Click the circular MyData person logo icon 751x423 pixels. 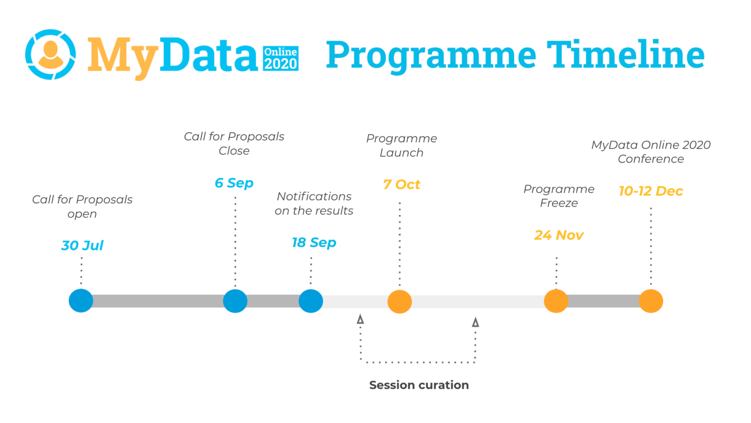(x=50, y=54)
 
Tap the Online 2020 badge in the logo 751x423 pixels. (x=281, y=59)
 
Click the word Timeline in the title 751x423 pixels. (x=625, y=54)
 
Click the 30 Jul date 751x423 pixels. (x=82, y=245)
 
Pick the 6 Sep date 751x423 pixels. (x=234, y=183)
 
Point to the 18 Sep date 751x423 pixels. (x=314, y=242)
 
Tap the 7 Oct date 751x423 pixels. (x=401, y=185)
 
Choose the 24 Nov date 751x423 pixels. (x=558, y=235)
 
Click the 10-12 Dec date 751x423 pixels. (x=650, y=191)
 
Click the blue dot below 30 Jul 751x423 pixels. (x=81, y=301)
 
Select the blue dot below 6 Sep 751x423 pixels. (x=235, y=301)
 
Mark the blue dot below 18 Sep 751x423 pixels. (x=311, y=301)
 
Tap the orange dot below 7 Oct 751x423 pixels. (x=399, y=301)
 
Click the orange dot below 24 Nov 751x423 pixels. (x=556, y=301)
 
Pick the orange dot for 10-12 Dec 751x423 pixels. (x=651, y=301)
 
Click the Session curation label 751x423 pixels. (x=419, y=385)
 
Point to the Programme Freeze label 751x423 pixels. (x=559, y=196)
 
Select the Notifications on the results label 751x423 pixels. (x=314, y=203)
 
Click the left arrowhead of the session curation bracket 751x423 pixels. (x=360, y=319)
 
